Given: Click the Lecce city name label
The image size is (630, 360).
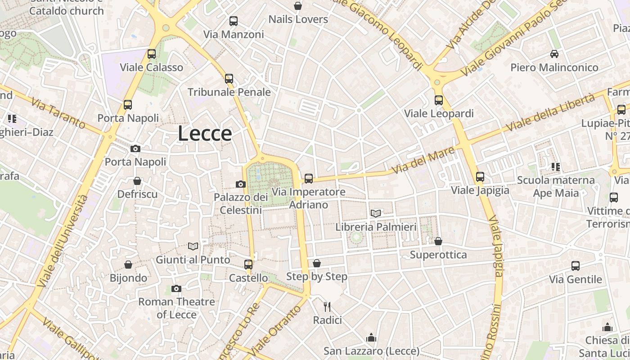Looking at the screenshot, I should (205, 134).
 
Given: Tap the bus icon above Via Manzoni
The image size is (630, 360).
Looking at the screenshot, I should (233, 21).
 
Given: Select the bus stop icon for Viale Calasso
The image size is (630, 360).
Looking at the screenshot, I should (152, 54).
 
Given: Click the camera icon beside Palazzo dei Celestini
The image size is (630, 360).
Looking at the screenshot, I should (241, 184).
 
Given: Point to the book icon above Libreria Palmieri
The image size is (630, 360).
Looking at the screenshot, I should (376, 213).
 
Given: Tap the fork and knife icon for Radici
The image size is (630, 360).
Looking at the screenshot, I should (327, 307).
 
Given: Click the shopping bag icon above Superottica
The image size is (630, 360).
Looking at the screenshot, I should (438, 242).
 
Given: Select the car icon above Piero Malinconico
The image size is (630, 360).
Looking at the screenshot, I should (554, 54).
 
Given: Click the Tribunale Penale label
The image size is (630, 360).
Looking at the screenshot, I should (229, 92).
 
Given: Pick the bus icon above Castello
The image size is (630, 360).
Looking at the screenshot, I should (248, 265).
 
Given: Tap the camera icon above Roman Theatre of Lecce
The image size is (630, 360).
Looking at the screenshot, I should (176, 288).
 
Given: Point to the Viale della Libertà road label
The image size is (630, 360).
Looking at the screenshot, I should (551, 112).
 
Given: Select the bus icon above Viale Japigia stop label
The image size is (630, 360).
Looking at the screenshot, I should (480, 177).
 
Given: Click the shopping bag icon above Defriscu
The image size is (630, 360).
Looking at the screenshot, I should (137, 181).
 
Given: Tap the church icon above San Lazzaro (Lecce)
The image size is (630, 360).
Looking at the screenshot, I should (371, 337).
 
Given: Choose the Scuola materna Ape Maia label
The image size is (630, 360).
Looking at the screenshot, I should (556, 187).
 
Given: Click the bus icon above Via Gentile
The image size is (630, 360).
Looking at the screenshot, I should (576, 266).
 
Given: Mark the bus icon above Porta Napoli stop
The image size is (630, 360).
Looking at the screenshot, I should (128, 105).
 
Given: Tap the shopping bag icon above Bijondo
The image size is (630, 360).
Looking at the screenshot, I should (128, 265).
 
